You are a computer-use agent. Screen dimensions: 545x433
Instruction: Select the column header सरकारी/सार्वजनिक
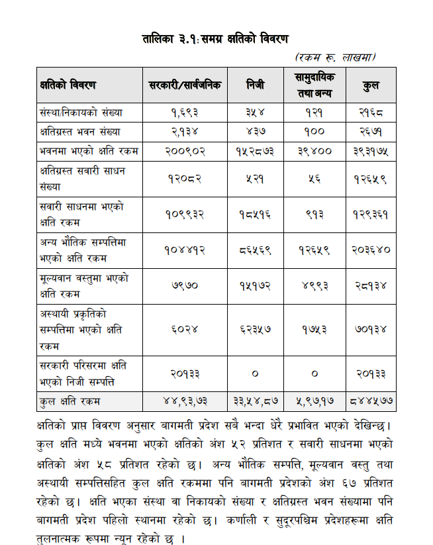point(185,85)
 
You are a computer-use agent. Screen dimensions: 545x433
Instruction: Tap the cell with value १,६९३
point(185,113)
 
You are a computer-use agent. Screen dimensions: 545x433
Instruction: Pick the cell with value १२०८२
point(185,178)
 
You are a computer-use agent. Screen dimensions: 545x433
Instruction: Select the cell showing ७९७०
point(185,285)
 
